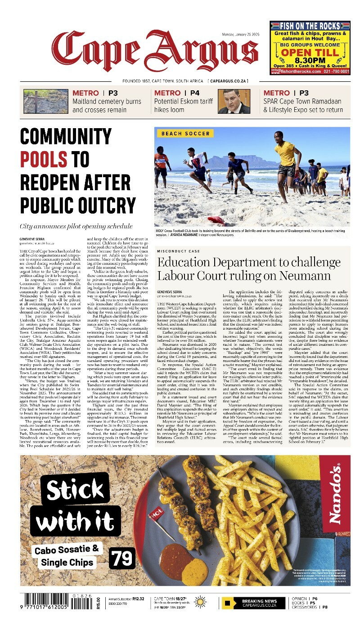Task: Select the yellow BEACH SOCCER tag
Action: (185, 134)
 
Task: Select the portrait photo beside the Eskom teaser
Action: (234, 101)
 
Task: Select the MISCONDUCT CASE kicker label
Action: (178, 251)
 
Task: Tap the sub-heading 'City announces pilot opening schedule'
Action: (76, 226)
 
